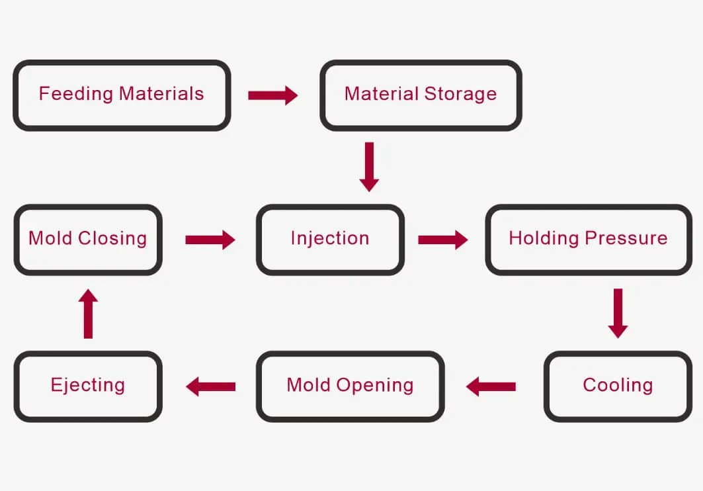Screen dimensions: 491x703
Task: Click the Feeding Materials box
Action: coord(122,95)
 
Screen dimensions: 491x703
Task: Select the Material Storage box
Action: coord(421,95)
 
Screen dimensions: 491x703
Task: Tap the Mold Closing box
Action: coord(88,240)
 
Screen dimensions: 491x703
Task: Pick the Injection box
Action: coord(330,240)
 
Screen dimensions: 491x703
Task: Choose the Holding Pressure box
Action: coord(588,240)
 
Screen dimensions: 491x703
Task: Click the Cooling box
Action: coord(618,386)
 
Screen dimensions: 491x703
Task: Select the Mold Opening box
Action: coord(350,386)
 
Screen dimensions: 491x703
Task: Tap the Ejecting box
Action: coord(88,386)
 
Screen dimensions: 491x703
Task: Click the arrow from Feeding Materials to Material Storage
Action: coord(272,95)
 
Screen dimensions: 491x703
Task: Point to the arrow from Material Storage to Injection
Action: coord(369,167)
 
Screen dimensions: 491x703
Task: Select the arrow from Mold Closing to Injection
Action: coord(210,240)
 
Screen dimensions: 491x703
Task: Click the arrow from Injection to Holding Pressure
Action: coord(443,240)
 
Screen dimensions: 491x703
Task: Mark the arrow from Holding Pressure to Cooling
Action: coord(618,313)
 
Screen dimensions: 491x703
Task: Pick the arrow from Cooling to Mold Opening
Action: coord(491,386)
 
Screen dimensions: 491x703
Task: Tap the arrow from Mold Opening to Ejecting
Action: coord(210,386)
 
